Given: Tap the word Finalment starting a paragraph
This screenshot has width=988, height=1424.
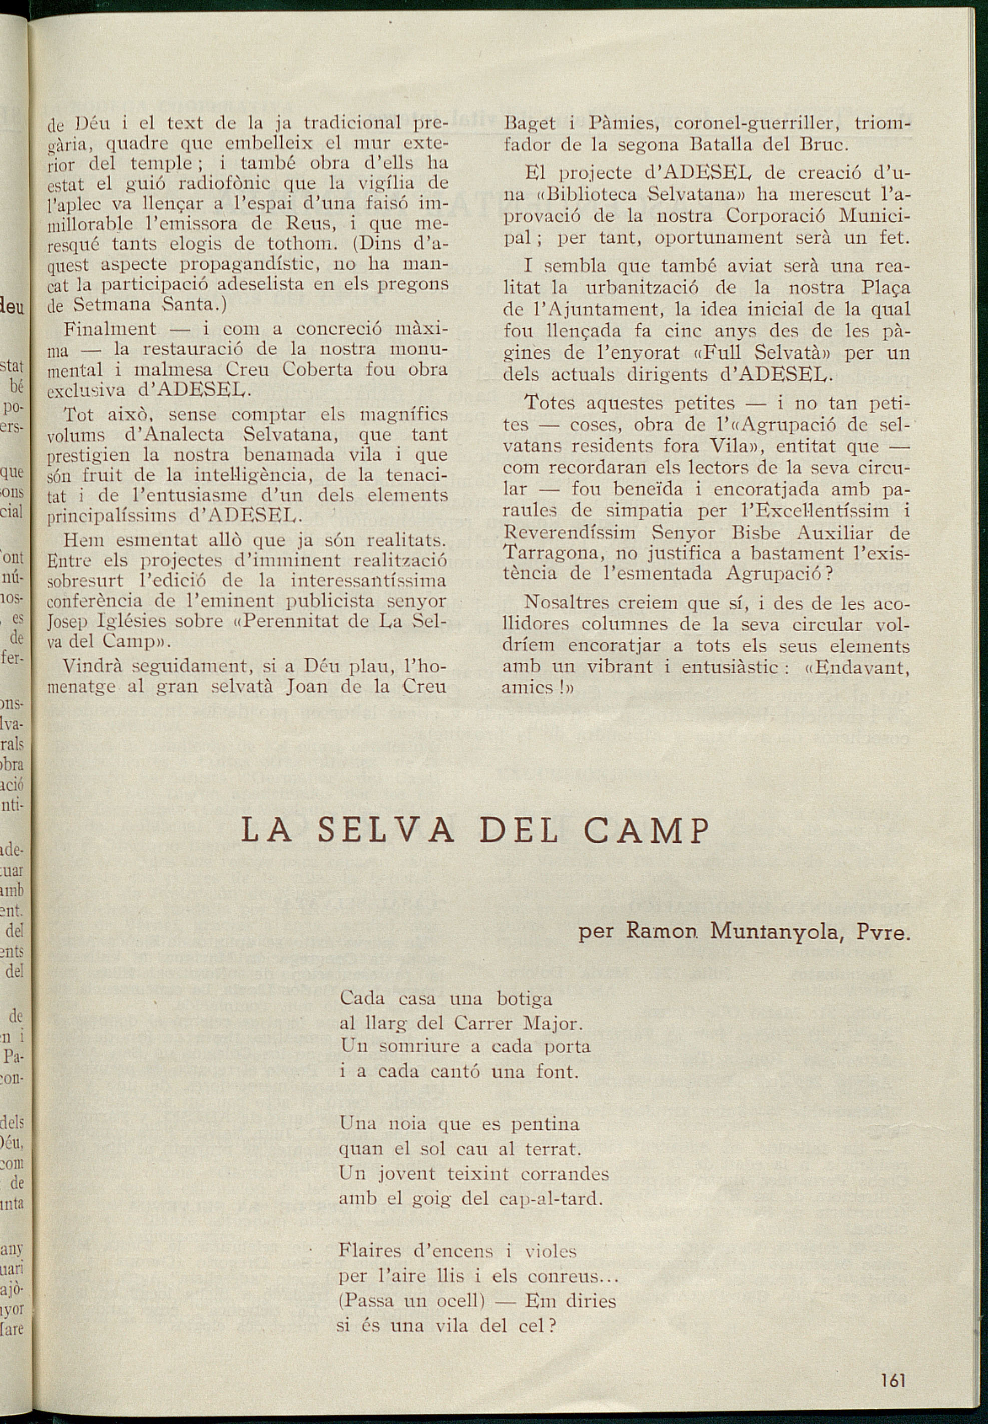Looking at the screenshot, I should pos(110,328).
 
